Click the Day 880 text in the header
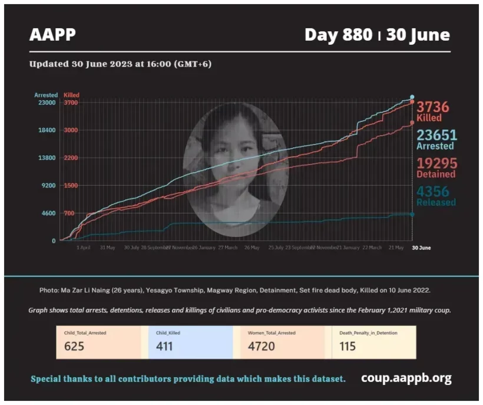click(x=338, y=35)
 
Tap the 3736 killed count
click(x=433, y=107)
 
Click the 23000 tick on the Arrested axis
click(x=47, y=103)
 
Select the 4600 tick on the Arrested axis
click(x=48, y=213)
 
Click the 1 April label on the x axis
click(x=84, y=248)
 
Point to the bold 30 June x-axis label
click(x=421, y=248)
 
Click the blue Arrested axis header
click(x=46, y=95)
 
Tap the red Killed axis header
click(x=71, y=95)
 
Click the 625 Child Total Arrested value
click(x=74, y=346)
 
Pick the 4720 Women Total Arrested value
click(x=261, y=346)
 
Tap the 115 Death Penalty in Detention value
click(x=348, y=346)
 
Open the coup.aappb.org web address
click(x=406, y=378)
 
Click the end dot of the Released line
click(x=412, y=214)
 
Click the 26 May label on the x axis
click(x=252, y=248)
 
